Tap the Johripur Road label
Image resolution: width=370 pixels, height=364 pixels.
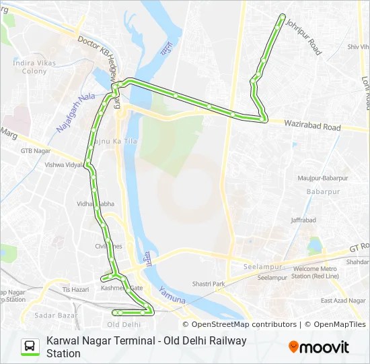click(x=303, y=36)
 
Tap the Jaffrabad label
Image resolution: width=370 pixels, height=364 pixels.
click(x=303, y=220)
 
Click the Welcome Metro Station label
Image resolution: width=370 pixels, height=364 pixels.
click(x=316, y=272)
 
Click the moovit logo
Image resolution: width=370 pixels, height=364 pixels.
click(x=319, y=347)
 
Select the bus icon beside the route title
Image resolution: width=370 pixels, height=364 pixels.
click(x=30, y=346)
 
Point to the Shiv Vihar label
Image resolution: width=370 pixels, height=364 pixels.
click(x=356, y=47)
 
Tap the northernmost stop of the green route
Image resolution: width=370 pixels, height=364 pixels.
click(x=282, y=16)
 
